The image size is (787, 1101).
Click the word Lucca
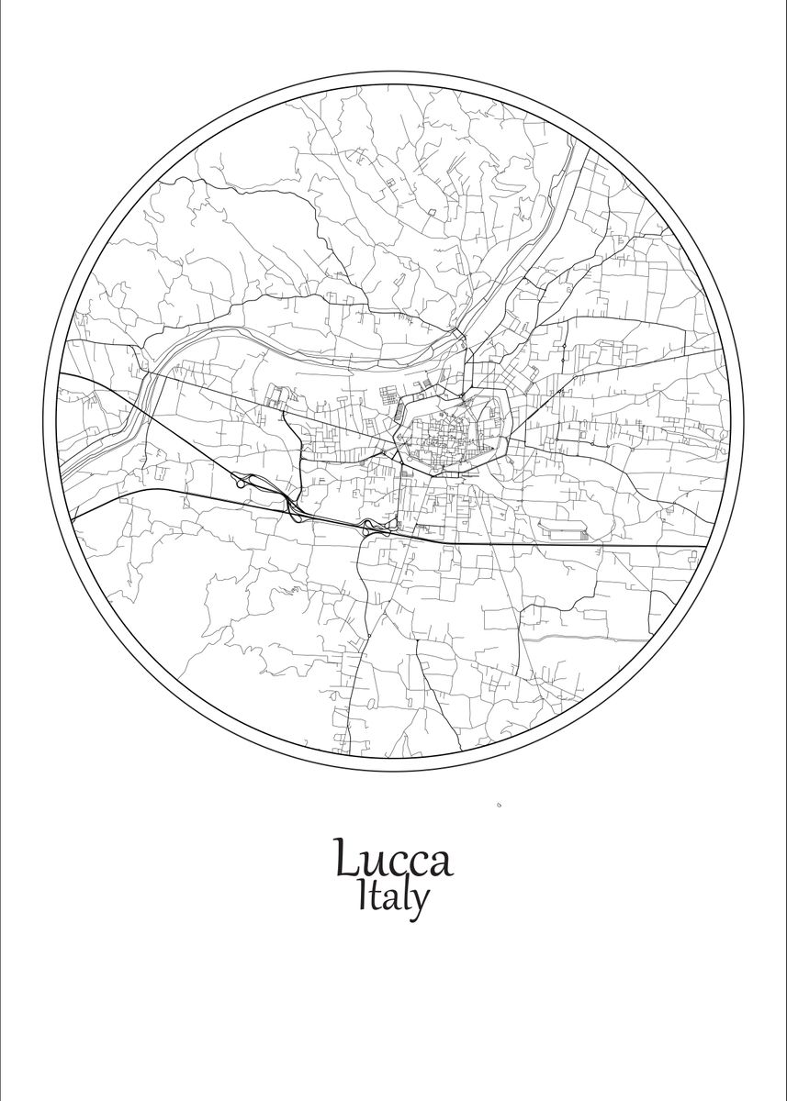click(392, 859)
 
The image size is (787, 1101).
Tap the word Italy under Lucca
click(393, 897)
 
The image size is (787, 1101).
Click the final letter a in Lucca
click(440, 863)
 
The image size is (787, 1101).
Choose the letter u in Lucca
click(374, 863)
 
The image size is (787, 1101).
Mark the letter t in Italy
click(377, 897)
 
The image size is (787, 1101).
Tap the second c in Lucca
click(417, 863)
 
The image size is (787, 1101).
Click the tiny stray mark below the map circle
click(498, 805)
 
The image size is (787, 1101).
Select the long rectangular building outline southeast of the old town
click(564, 530)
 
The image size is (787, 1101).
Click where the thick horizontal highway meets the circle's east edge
click(705, 547)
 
